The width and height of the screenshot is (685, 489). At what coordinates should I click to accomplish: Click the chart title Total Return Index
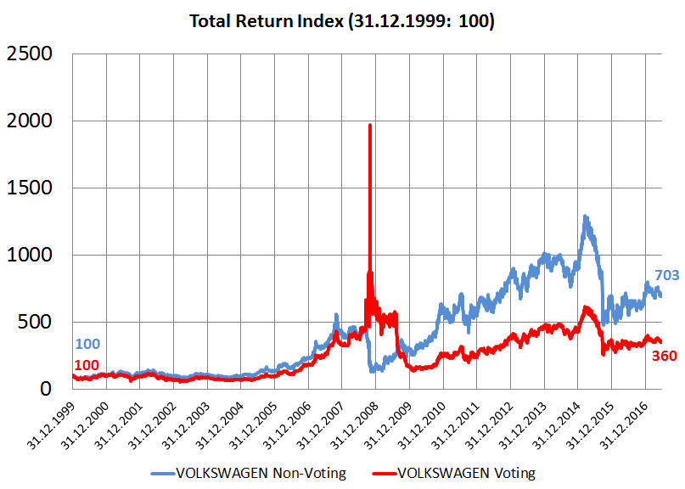click(341, 20)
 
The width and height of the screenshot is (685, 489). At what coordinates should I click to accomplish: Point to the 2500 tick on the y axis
click(29, 54)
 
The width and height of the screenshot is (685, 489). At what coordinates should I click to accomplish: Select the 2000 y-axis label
click(29, 121)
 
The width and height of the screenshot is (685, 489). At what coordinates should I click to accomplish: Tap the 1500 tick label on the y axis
click(29, 188)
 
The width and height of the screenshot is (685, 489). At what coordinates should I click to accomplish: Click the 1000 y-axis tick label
click(29, 256)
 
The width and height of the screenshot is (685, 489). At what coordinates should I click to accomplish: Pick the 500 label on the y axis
click(37, 323)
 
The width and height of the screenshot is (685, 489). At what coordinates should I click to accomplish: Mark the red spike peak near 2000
click(369, 126)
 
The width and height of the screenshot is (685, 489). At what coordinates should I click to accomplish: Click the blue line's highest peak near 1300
click(586, 217)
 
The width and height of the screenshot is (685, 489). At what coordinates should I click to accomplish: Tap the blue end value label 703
click(667, 275)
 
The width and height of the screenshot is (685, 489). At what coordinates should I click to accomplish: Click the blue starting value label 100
click(87, 345)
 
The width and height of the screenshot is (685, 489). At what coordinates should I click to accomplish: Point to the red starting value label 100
click(87, 365)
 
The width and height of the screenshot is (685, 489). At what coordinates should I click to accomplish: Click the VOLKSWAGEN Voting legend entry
click(465, 473)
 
